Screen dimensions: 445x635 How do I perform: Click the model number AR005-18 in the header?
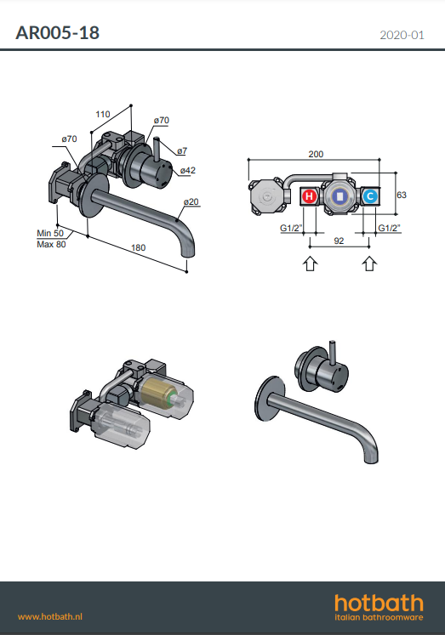(x=57, y=33)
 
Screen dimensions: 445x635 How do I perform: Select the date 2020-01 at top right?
(x=402, y=35)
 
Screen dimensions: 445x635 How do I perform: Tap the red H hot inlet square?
(x=309, y=196)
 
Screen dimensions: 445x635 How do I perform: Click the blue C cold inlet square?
(x=369, y=196)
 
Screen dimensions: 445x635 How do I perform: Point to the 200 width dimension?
(x=316, y=154)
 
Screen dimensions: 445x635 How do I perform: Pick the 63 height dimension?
(x=402, y=195)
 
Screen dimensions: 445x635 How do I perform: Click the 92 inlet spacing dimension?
(x=339, y=241)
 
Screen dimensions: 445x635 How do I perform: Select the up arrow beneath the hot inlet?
(x=310, y=264)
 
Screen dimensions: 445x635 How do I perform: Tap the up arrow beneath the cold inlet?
(x=369, y=264)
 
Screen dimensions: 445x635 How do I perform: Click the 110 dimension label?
(x=103, y=114)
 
